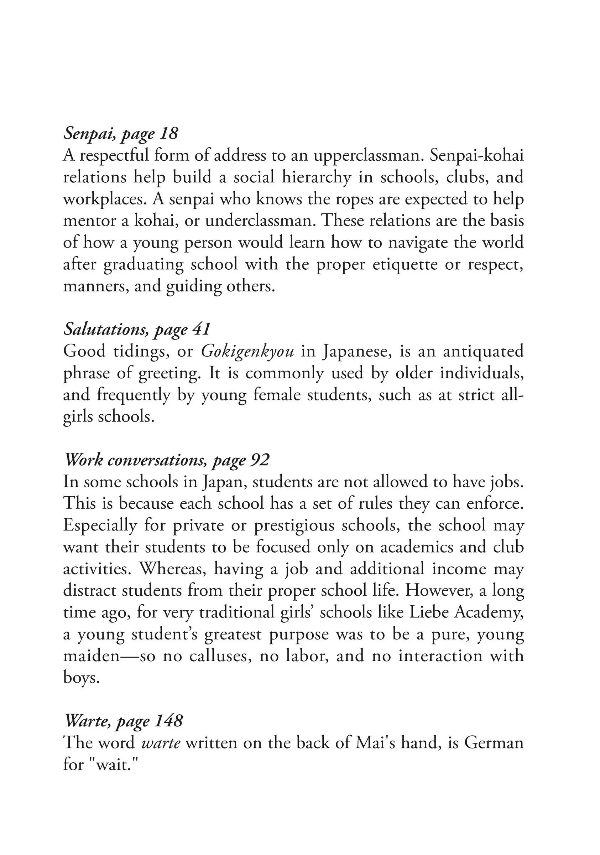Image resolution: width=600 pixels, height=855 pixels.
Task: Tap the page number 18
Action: click(x=169, y=133)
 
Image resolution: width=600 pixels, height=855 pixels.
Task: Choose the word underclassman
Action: click(x=260, y=221)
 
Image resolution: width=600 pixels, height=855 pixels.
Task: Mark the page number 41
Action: click(x=201, y=329)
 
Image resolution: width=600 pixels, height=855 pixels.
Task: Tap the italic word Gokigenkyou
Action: click(x=247, y=351)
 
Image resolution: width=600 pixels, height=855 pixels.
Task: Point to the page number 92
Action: click(x=260, y=460)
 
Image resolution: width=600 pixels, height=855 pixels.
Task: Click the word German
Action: click(x=494, y=743)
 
